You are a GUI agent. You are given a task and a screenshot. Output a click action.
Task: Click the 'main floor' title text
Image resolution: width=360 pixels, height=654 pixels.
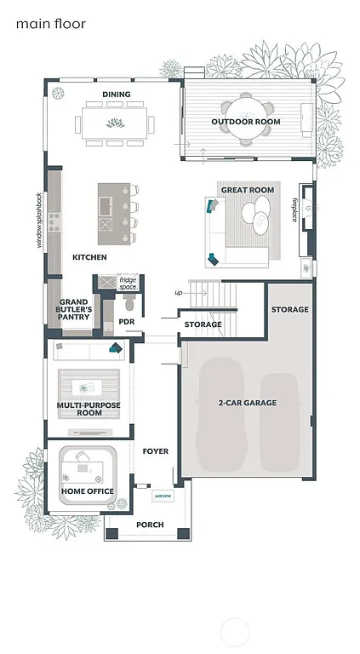(x=50, y=25)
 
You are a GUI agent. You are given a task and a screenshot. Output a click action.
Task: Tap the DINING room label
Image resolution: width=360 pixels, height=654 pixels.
(x=116, y=94)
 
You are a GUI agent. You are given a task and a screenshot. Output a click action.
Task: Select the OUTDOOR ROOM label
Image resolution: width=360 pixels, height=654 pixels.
(x=246, y=122)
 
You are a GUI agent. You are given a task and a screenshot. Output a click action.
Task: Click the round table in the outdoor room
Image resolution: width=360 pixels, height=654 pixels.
(x=247, y=109)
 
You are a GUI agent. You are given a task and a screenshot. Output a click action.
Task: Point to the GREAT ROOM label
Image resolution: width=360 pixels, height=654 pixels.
(x=248, y=190)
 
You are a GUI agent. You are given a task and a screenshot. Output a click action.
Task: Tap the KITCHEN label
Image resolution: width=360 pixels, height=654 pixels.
(x=89, y=256)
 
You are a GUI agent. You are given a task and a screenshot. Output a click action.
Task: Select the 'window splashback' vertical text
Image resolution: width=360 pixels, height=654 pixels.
(x=38, y=220)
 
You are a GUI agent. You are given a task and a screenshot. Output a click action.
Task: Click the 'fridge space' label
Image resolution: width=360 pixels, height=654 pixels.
(x=128, y=283)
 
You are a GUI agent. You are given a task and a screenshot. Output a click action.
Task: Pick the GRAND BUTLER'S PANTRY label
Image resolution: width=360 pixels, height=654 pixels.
(x=73, y=309)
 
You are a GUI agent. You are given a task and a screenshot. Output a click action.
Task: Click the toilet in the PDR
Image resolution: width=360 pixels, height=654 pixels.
(x=129, y=303)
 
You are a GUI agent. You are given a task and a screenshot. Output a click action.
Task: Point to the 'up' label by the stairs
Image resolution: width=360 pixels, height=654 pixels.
(x=178, y=292)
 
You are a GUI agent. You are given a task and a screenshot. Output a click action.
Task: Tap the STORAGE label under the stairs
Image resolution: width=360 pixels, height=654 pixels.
(x=203, y=324)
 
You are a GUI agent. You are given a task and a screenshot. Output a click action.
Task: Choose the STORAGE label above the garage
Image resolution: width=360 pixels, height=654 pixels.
(x=289, y=309)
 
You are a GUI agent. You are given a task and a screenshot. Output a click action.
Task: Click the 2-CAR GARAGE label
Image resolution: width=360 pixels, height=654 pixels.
(x=247, y=402)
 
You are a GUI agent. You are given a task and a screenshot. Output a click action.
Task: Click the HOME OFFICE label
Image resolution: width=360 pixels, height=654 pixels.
(x=87, y=491)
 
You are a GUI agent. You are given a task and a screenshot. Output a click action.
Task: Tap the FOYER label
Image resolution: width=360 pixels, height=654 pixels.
(x=155, y=450)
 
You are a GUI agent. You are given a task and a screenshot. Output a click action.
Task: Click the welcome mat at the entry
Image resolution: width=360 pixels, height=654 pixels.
(x=162, y=496)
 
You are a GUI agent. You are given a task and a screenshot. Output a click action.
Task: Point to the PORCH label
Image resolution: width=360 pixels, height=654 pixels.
(x=150, y=525)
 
